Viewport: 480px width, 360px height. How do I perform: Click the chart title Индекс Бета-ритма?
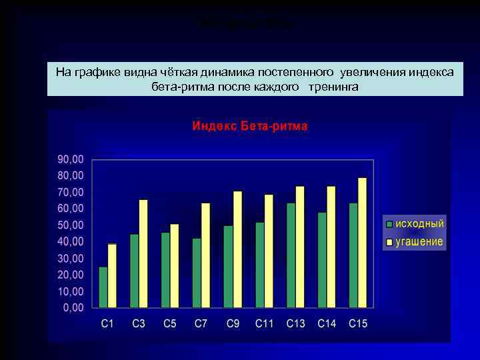(250, 125)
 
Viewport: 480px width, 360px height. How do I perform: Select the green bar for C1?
(103, 287)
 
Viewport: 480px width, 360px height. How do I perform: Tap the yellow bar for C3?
(143, 253)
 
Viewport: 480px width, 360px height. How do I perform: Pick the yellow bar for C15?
(362, 243)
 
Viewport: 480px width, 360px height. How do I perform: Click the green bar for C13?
(291, 255)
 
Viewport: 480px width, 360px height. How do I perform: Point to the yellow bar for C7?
(206, 255)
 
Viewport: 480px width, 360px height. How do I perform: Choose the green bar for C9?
(228, 267)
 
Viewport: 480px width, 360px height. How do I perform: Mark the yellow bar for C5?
(175, 266)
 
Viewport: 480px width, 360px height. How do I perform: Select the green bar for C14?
(322, 260)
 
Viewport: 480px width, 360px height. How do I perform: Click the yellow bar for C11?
(269, 251)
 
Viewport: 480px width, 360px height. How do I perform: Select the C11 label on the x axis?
(264, 324)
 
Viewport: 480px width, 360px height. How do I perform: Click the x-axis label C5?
(170, 324)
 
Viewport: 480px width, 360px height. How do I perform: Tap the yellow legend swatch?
(388, 241)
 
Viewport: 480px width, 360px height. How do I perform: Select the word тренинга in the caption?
(333, 87)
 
